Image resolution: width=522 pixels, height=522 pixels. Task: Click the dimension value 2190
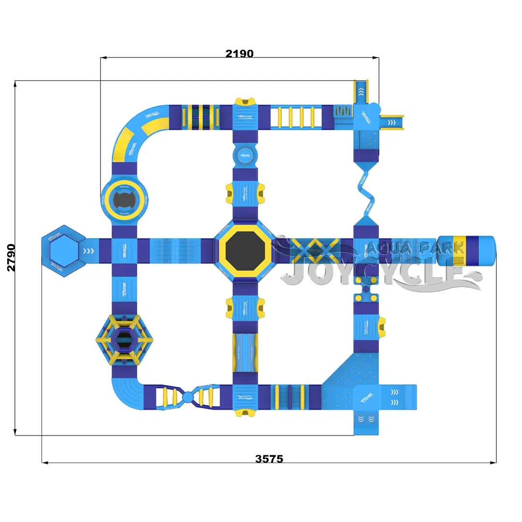pos(239,53)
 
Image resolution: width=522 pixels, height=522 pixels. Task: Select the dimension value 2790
pos(11,258)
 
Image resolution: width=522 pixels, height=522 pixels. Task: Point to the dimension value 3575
pos(269,459)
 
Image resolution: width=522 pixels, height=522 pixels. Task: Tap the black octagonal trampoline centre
pos(246,250)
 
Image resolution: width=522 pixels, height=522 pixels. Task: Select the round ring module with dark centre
pos(125,198)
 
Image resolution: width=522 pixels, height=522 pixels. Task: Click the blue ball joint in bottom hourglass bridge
pos(188,397)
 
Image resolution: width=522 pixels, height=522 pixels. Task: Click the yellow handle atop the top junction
pos(246,101)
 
